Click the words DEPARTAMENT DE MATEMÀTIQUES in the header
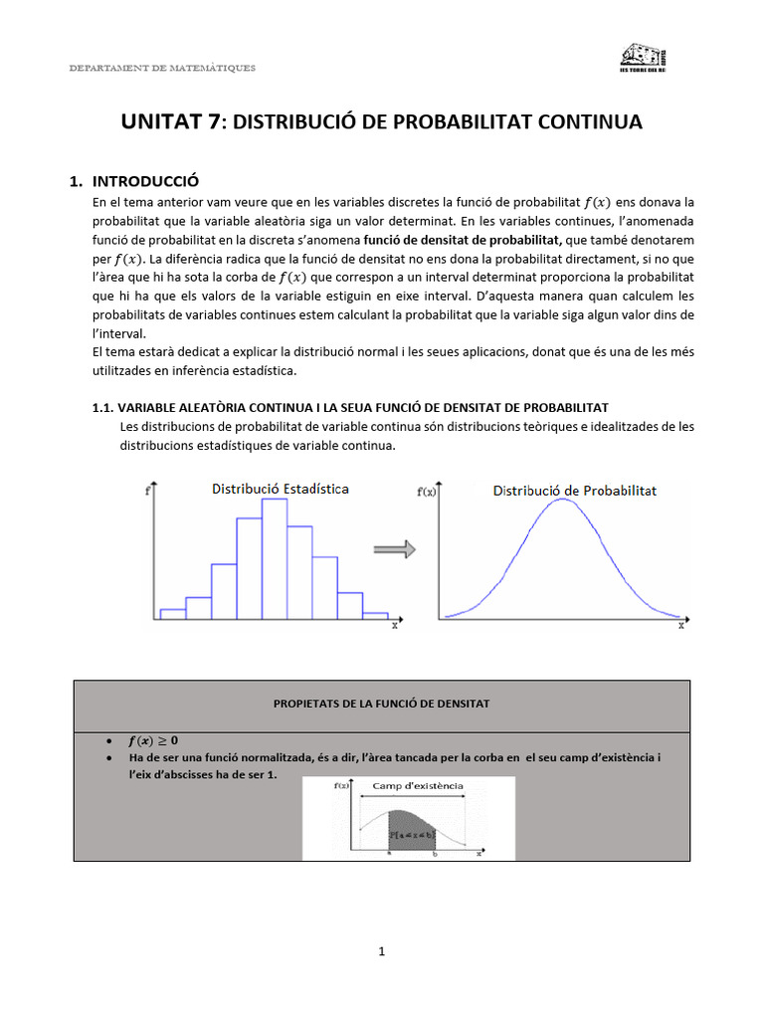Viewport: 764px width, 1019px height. pyautogui.click(x=161, y=68)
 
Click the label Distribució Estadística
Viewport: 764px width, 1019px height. pyautogui.click(x=279, y=489)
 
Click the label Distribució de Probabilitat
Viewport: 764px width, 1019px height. pyautogui.click(x=575, y=491)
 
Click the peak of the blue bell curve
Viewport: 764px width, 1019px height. pyautogui.click(x=562, y=500)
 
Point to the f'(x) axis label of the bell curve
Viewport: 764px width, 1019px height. pyautogui.click(x=422, y=492)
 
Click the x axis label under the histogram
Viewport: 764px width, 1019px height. pyautogui.click(x=394, y=626)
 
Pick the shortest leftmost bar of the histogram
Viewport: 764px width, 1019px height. pyautogui.click(x=172, y=613)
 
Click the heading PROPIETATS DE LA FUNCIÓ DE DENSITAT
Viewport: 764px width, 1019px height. pyautogui.click(x=381, y=704)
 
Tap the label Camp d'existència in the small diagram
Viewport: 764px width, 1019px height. pyautogui.click(x=417, y=785)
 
